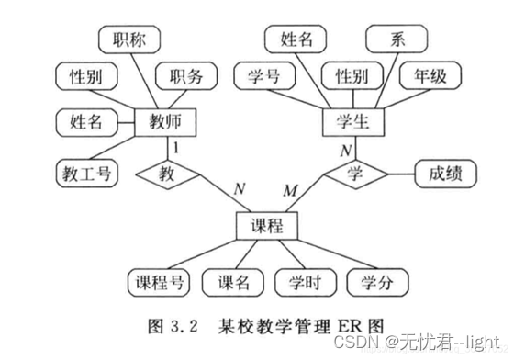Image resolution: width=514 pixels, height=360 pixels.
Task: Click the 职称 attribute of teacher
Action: pyautogui.click(x=128, y=40)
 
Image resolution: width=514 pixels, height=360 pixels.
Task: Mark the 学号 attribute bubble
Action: pyautogui.click(x=266, y=76)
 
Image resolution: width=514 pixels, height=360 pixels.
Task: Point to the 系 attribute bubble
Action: pyautogui.click(x=397, y=40)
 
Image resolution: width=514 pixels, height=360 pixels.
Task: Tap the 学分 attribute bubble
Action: pyautogui.click(x=378, y=282)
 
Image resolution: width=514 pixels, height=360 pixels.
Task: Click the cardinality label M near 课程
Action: pyautogui.click(x=290, y=190)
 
